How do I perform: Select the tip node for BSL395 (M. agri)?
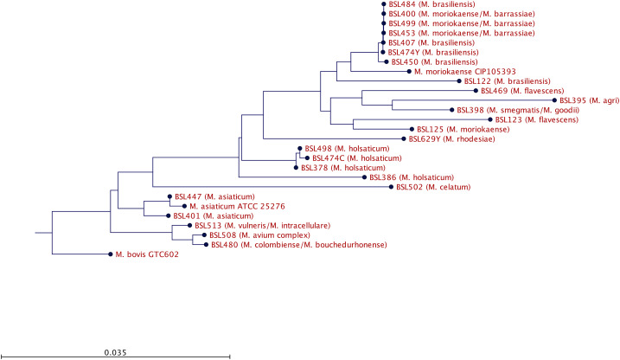pyautogui.click(x=555, y=100)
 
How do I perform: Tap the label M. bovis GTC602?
pyautogui.click(x=145, y=254)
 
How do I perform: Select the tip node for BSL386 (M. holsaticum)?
pyautogui.click(x=368, y=177)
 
